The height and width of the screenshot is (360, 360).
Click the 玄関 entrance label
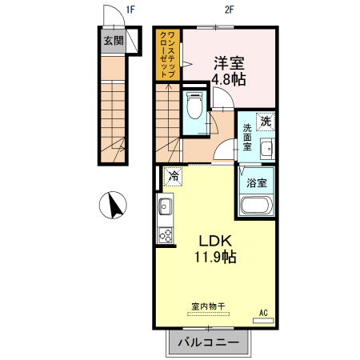114,41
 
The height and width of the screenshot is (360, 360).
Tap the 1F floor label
130,10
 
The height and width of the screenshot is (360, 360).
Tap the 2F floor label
229,10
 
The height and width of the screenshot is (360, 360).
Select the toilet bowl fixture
194,106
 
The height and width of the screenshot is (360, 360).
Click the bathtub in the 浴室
256,205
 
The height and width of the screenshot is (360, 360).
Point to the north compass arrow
116,206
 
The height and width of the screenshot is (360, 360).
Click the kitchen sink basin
165,206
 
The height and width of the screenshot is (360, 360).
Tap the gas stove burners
166,235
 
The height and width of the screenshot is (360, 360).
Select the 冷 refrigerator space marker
173,176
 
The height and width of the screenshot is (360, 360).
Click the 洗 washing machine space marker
266,122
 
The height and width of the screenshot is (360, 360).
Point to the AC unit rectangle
263,321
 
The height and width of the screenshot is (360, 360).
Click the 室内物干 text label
208,306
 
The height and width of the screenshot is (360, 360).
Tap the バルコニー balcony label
209,342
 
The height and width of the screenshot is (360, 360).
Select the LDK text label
215,241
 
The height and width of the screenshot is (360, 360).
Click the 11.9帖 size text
215,257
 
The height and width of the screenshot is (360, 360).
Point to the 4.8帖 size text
229,79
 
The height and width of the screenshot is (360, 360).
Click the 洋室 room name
229,63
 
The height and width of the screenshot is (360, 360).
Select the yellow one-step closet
168,54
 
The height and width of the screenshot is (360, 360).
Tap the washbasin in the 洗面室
267,149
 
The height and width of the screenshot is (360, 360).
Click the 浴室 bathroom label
257,183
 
